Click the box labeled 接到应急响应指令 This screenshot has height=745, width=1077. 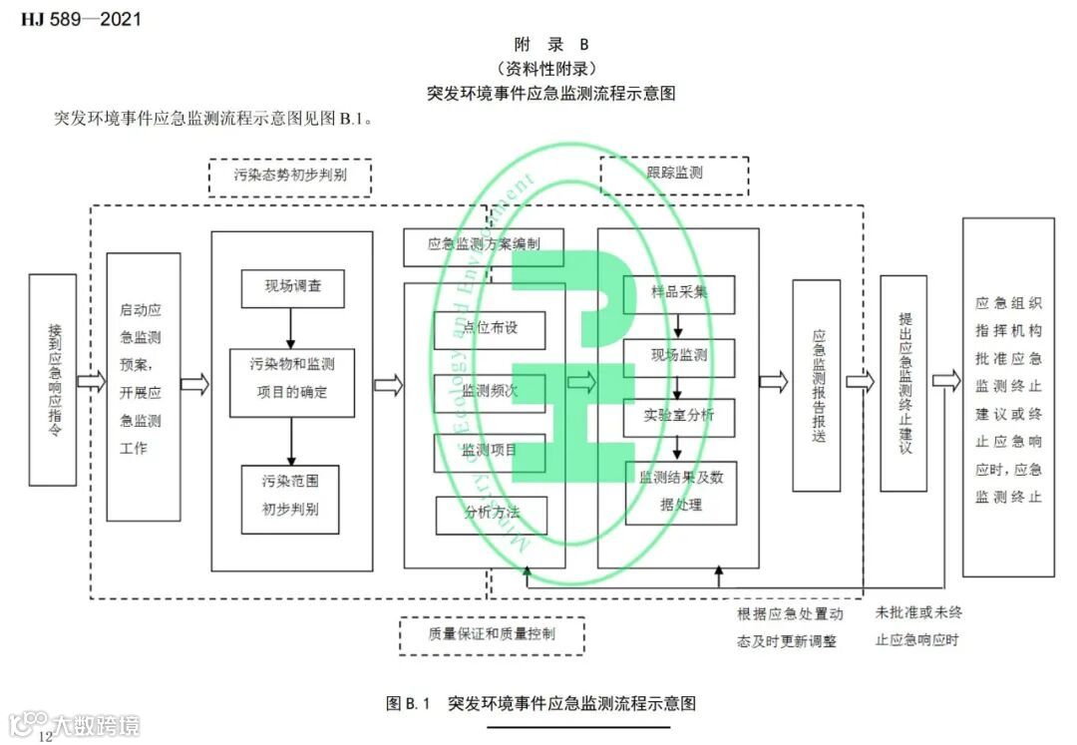click(x=53, y=380)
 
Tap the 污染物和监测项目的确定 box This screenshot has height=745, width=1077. click(x=292, y=382)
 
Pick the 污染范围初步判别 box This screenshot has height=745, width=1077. click(x=289, y=500)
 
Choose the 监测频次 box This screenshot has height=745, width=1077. click(x=490, y=392)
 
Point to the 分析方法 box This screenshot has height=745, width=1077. click(x=492, y=515)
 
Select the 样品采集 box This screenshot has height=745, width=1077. click(x=679, y=293)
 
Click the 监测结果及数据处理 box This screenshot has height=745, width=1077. click(x=681, y=492)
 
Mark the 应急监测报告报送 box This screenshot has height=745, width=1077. click(x=817, y=385)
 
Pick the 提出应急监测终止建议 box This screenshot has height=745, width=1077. click(x=903, y=383)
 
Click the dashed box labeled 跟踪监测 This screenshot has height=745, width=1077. click(x=675, y=175)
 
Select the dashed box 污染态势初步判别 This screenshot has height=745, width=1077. click(x=290, y=178)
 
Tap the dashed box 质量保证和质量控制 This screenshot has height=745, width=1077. click(x=493, y=635)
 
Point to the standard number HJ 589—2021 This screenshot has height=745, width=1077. click(x=81, y=18)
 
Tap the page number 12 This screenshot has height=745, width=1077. click(x=45, y=736)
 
